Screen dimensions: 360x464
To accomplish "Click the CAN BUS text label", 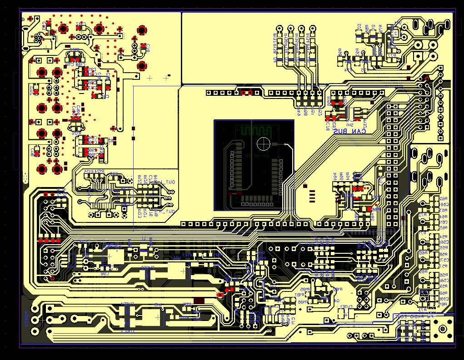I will [349, 131].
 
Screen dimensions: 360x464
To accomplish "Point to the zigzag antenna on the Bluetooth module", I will [255, 131].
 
